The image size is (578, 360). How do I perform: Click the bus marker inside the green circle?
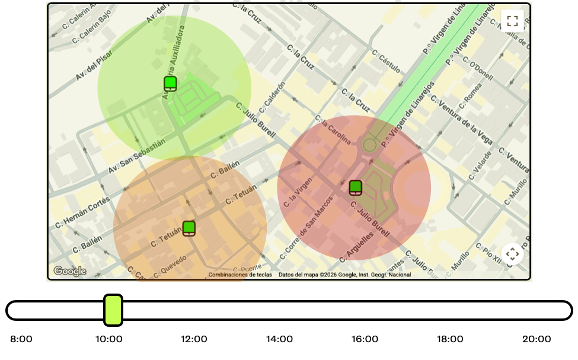pos(170,84)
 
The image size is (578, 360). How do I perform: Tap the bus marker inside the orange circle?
pos(189,228)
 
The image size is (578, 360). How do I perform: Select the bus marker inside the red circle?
pos(355,187)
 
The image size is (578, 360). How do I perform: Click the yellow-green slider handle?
pos(113,310)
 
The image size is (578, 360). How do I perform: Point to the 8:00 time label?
pos(21,339)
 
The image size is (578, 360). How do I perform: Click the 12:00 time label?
pos(194,339)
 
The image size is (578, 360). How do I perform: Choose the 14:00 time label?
pos(279,339)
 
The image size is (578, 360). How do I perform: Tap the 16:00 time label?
pos(365,339)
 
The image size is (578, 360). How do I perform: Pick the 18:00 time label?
pos(450,339)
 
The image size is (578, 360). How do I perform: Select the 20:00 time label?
pos(536,339)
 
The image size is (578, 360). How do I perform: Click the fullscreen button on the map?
pos(512,21)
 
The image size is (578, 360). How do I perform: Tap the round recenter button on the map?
pos(512,254)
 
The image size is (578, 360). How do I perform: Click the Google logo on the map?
pos(70,271)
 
